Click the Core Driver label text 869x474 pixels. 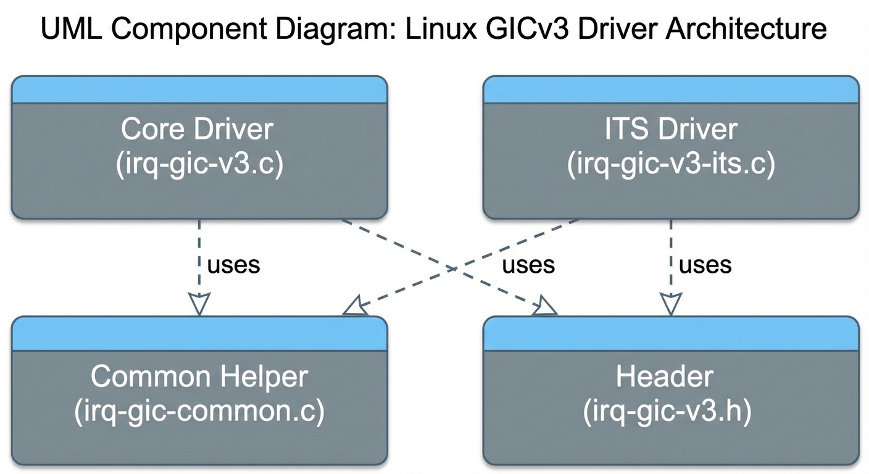tap(197, 130)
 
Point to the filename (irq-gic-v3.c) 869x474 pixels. tap(199, 165)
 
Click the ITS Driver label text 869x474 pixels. tap(671, 130)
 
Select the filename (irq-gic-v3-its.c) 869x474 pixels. tap(671, 165)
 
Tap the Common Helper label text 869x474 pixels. tap(199, 376)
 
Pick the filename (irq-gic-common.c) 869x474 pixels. tap(199, 412)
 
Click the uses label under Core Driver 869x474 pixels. tap(234, 265)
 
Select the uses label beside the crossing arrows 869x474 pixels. tap(528, 265)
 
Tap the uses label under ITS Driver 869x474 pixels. tap(705, 265)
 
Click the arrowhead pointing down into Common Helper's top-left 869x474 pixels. tap(199, 304)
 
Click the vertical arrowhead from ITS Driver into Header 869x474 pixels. tap(671, 304)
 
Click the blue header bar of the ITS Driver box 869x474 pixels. tap(671, 90)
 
